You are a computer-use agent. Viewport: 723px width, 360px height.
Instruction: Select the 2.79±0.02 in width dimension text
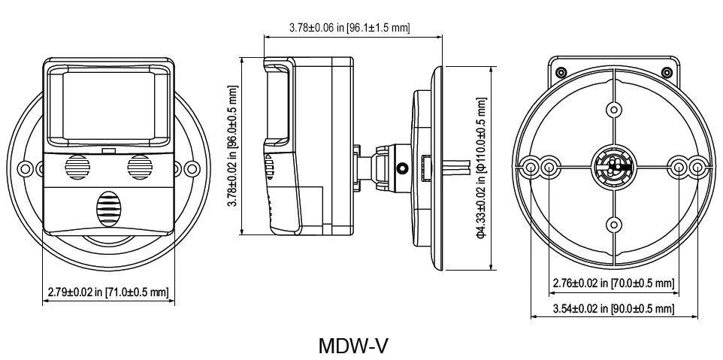point(107,292)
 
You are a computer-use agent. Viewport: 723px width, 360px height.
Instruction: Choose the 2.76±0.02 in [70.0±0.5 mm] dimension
point(613,283)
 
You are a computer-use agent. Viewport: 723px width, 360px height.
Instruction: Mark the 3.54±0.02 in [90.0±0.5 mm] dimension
point(613,309)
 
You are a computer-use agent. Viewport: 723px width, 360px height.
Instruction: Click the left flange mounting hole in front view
point(26,166)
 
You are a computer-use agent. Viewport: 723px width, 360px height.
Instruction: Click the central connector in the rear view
point(613,167)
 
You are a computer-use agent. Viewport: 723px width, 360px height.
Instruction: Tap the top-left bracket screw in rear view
point(561,72)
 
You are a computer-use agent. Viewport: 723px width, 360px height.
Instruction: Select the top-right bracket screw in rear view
point(666,72)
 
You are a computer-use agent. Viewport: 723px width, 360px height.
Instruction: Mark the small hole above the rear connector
point(613,110)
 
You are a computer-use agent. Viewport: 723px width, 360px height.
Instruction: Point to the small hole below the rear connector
point(613,223)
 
